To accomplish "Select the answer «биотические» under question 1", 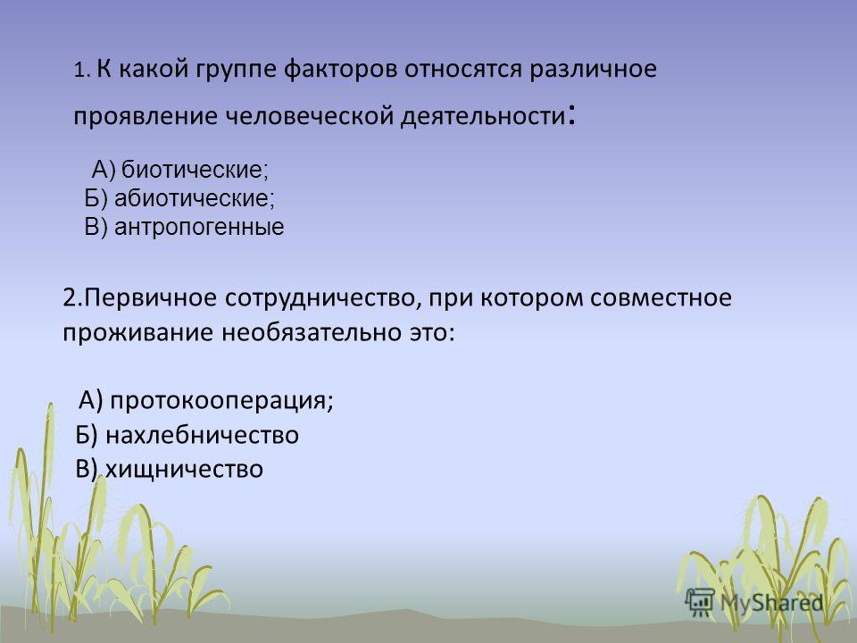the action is click(194, 170).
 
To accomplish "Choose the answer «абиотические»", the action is click(193, 198).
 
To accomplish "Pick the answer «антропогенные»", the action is click(199, 226).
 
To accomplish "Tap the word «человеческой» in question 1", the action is click(310, 116).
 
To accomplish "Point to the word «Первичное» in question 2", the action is click(151, 298).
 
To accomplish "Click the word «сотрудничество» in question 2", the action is click(322, 298).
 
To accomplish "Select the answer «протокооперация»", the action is click(220, 401).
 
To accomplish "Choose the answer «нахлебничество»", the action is click(202, 435).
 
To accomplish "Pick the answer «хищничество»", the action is click(184, 469).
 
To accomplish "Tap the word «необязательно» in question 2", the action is click(312, 332).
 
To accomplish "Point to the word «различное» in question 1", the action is click(593, 70).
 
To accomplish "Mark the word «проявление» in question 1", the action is click(146, 116).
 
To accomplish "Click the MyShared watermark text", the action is click(771, 603).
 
